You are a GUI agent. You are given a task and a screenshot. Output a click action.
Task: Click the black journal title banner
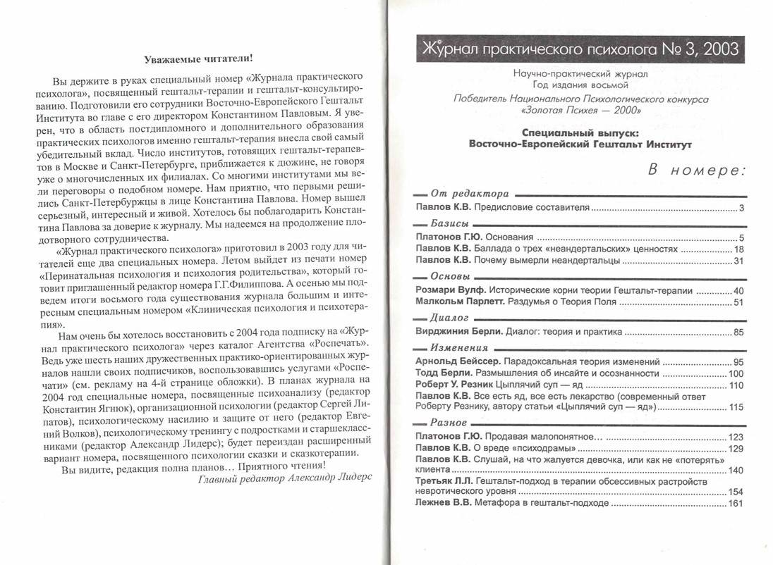(579, 49)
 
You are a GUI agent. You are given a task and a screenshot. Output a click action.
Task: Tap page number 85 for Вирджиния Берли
(738, 330)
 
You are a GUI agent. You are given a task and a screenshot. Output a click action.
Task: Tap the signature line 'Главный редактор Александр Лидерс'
(284, 478)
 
